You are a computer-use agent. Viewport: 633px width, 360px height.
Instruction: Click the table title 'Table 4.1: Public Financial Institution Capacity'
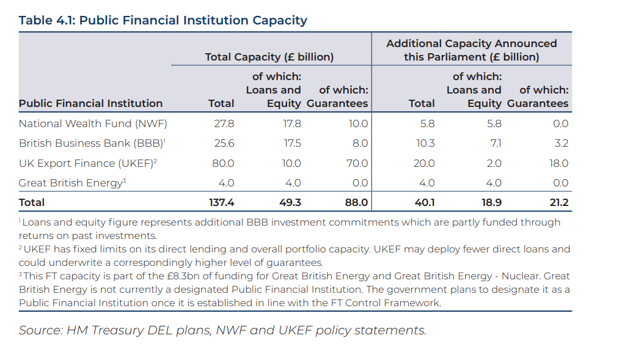coord(163,20)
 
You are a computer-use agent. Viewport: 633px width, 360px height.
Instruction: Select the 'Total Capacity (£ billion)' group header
coord(269,57)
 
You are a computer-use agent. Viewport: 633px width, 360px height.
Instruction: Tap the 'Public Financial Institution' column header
coord(90,104)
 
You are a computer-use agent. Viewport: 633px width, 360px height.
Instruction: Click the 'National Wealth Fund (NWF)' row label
coord(93,123)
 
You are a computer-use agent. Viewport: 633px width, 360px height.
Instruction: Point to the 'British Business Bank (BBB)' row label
coord(92,144)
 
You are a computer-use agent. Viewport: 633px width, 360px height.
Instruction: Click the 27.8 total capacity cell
coord(224,123)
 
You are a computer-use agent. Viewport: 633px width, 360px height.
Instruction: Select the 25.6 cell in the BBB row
coord(224,144)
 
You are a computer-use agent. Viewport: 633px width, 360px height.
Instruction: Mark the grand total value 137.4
coord(221,202)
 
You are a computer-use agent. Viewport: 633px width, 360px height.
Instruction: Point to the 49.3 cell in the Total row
coord(290,202)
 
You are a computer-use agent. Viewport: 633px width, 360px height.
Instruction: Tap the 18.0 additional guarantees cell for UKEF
coord(558,164)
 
